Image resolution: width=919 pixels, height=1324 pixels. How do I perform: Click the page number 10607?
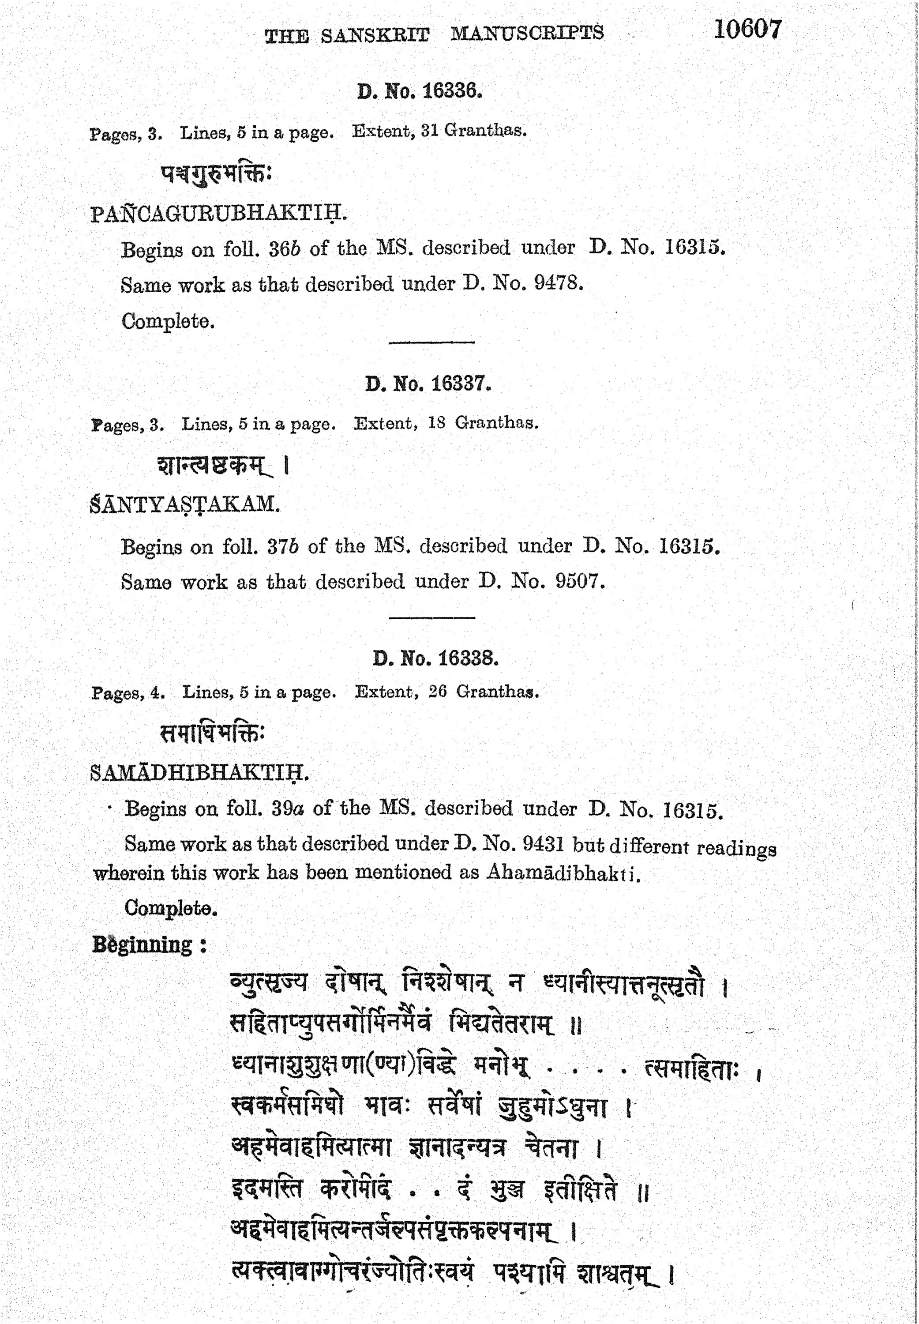coord(747,30)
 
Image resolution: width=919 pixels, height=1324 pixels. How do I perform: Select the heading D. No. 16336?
coord(419,90)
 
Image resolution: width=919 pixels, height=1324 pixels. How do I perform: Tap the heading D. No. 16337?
coord(428,384)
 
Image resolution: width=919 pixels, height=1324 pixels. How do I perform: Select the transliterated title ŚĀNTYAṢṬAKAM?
coord(185,504)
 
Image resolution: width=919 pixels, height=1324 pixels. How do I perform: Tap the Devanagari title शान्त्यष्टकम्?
coord(214,465)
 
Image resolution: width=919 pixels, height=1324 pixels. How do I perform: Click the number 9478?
coord(558,283)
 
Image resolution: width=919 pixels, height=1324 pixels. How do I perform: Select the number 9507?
coord(580,581)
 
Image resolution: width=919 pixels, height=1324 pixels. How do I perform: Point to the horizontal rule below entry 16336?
coord(431,342)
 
